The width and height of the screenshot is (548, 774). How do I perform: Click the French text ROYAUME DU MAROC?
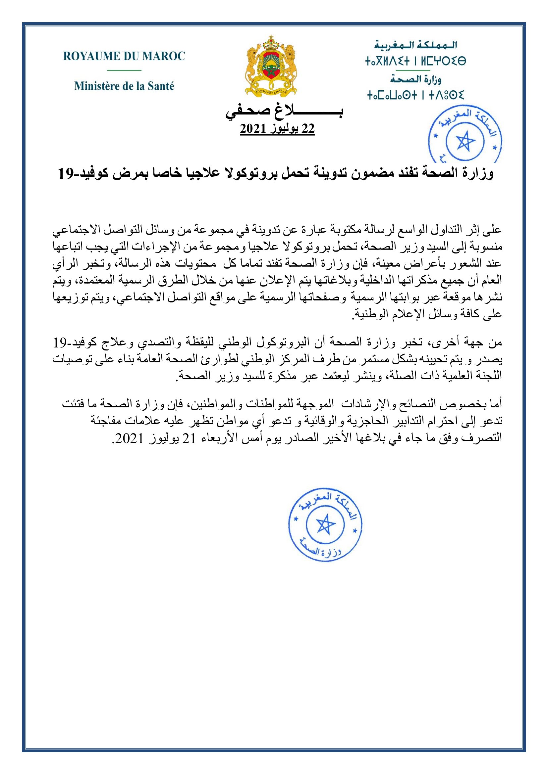(124, 56)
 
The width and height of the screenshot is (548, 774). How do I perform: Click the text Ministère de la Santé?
(124, 86)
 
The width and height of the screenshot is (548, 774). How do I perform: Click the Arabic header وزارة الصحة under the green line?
(416, 79)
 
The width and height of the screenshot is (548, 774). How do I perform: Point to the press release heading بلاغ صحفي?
(284, 114)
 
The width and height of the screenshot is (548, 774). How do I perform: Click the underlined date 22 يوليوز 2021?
(277, 128)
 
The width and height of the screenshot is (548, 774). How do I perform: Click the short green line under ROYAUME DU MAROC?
(124, 70)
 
